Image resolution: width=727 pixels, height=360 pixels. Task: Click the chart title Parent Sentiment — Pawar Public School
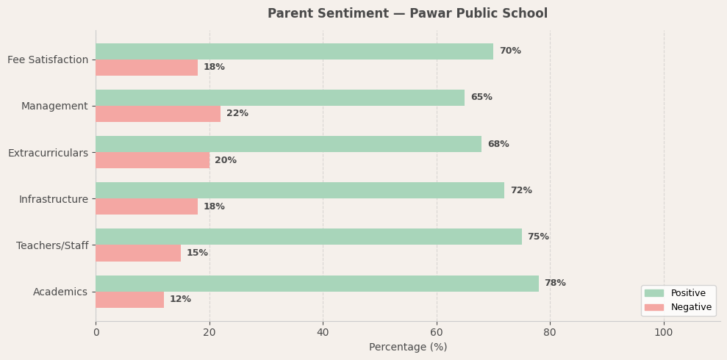click(407, 14)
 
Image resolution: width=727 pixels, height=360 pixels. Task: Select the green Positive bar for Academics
click(317, 284)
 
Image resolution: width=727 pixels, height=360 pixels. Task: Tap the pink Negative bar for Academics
click(129, 300)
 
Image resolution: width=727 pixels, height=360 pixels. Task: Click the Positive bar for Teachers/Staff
click(309, 237)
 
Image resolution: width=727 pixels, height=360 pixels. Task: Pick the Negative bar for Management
click(158, 114)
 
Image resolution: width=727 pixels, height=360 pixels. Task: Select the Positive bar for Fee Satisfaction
click(294, 51)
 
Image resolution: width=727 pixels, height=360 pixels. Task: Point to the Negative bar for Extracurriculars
click(152, 160)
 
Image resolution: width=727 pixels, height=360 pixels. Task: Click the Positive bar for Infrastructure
click(300, 190)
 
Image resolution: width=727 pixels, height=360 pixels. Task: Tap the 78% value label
click(555, 284)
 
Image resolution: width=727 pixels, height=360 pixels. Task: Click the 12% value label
click(180, 300)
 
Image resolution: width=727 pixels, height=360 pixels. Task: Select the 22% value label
click(237, 114)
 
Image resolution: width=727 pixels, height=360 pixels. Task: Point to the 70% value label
click(510, 51)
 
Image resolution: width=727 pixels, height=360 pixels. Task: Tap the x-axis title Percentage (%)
click(407, 348)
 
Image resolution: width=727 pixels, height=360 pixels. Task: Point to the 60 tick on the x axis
click(437, 333)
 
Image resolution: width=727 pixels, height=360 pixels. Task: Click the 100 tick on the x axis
click(663, 333)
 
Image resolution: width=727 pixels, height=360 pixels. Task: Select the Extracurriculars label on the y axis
click(48, 153)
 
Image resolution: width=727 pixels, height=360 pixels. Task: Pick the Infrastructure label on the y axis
click(54, 199)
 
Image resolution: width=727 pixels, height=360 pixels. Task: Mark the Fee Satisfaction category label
click(48, 60)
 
